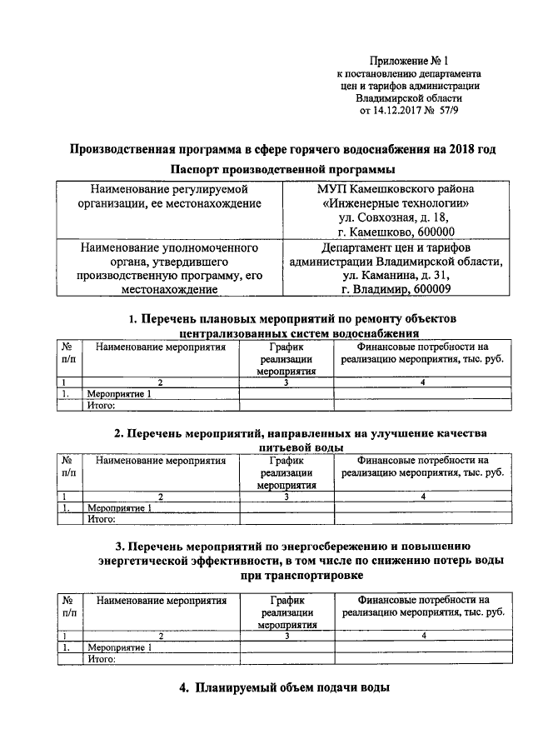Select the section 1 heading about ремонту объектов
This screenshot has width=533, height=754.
point(292,319)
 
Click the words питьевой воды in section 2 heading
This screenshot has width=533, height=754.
point(296,447)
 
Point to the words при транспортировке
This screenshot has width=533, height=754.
point(296,575)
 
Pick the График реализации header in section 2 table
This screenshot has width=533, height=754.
point(286,471)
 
